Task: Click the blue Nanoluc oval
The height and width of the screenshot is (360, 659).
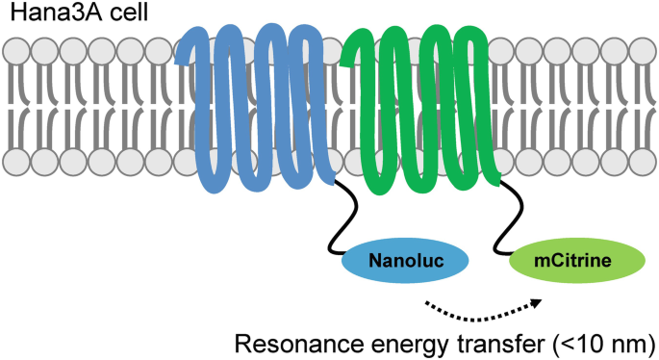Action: tap(404, 258)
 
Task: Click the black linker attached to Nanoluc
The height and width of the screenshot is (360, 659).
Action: tap(337, 217)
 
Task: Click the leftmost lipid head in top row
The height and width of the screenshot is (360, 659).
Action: tap(16, 48)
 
